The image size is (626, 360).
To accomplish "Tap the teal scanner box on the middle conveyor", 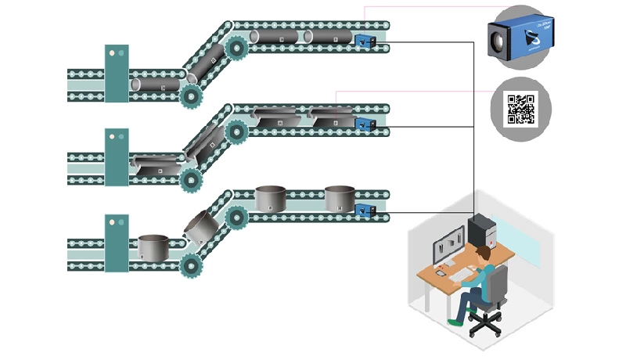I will [117, 157].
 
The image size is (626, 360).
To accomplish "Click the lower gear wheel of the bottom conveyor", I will [190, 266].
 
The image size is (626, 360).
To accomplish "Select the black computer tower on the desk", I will [479, 232].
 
